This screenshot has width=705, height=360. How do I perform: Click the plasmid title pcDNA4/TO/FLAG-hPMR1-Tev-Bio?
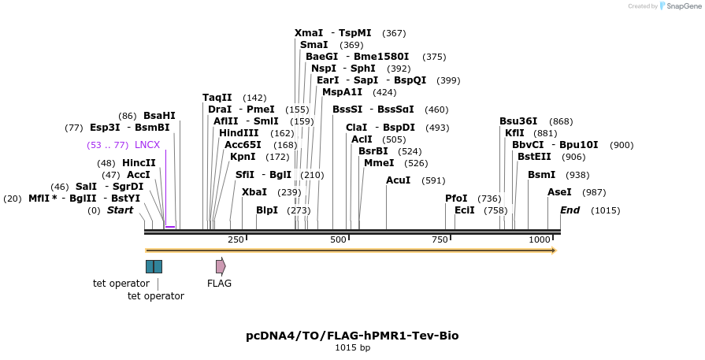tap(352, 336)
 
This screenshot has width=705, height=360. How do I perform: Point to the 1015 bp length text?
tap(352, 347)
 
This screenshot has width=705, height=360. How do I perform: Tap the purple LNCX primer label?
tap(147, 145)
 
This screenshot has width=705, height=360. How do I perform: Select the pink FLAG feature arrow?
tap(221, 266)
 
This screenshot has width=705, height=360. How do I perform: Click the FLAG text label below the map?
tap(219, 284)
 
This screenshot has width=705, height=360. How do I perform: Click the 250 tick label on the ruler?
tap(236, 239)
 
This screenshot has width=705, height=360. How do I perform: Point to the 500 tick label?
tap(338, 239)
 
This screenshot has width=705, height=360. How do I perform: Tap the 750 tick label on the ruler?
tap(440, 239)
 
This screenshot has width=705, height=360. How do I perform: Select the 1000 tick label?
tap(540, 239)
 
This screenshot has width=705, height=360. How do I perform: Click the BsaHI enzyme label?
tap(159, 116)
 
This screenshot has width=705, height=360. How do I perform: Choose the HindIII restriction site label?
tap(239, 133)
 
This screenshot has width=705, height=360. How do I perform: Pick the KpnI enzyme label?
tap(243, 157)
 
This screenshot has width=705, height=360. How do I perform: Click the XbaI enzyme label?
tap(254, 192)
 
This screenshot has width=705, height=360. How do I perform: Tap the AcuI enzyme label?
tap(399, 180)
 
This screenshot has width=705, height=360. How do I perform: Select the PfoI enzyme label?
tap(456, 199)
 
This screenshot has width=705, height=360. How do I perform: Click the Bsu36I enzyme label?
tap(518, 121)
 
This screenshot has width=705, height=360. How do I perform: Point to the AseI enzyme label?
tap(560, 192)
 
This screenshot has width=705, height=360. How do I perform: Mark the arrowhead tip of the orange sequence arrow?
tap(556, 251)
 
